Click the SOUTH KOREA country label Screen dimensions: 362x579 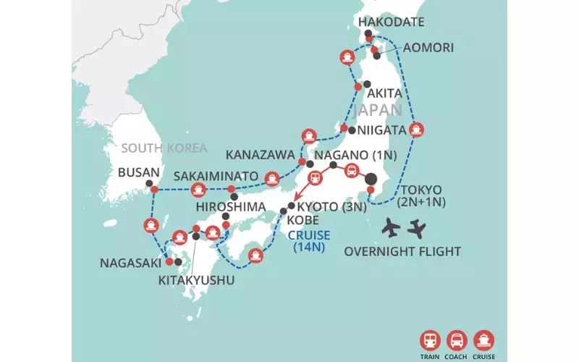click(x=164, y=148)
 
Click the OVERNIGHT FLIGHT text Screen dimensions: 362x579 click(x=402, y=252)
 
